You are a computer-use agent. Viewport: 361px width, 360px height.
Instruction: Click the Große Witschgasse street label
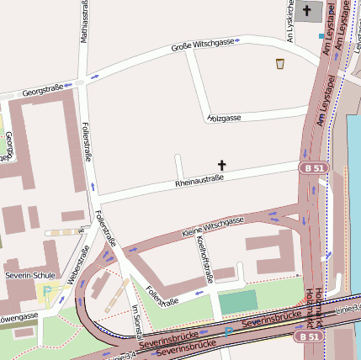203,43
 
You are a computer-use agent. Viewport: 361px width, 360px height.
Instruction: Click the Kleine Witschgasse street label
213,225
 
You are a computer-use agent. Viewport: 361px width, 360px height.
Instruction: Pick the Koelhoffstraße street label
202,257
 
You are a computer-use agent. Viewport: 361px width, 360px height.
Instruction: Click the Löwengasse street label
19,317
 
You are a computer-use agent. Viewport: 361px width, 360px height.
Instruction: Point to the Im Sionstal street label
135,320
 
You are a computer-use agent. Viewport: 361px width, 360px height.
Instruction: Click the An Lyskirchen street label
289,11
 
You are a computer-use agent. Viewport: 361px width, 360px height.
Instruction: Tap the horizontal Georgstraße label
43,89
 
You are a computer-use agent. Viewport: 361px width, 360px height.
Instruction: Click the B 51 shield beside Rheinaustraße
311,168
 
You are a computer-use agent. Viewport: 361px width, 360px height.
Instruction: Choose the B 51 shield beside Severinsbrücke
310,336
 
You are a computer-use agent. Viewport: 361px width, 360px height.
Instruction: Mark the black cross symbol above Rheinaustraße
223,165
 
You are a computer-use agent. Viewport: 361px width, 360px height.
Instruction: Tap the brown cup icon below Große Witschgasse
280,63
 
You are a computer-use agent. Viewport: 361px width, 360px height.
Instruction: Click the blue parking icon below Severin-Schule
48,291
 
